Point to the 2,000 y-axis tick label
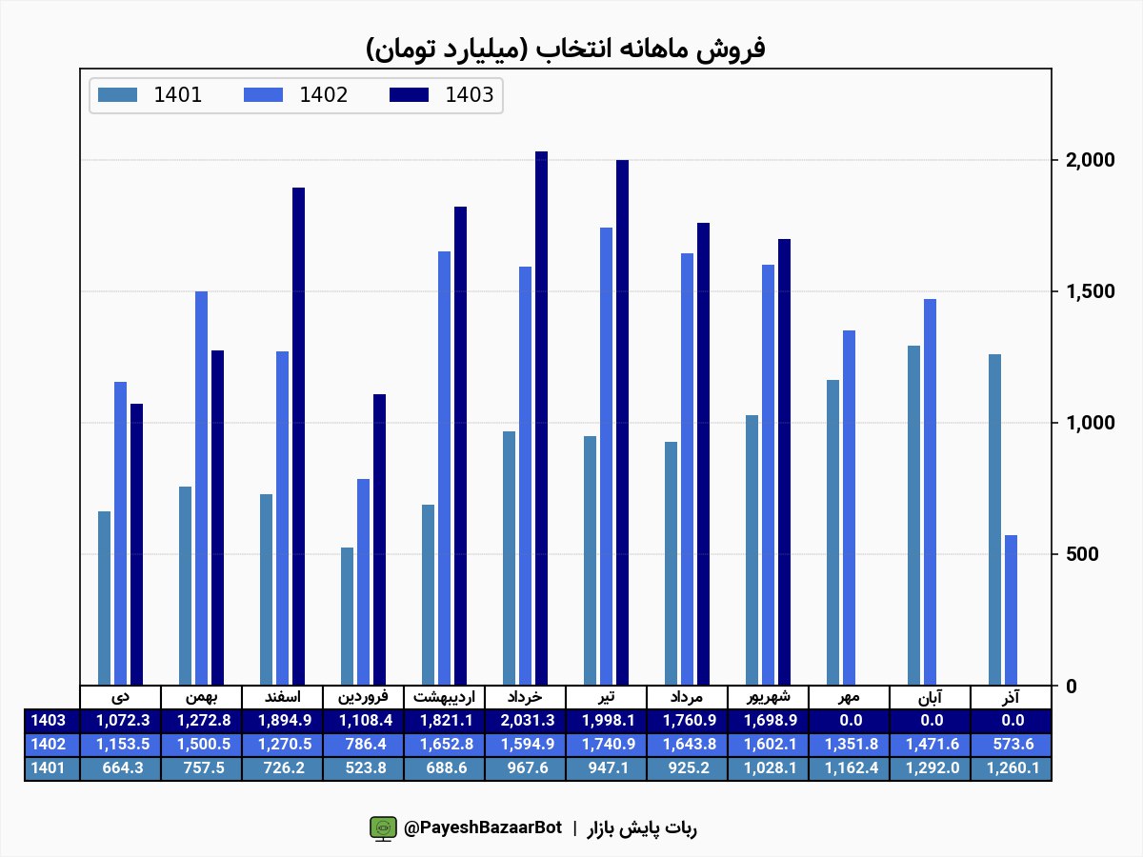coord(1090,160)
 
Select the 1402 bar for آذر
coord(1011,609)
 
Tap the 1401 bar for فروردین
coord(347,615)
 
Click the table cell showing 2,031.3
coord(525,721)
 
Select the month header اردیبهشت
coord(444,697)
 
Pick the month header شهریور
coord(768,697)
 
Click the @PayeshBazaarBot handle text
coord(483,828)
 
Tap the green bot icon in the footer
coord(383,828)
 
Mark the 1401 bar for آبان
coord(913,514)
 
